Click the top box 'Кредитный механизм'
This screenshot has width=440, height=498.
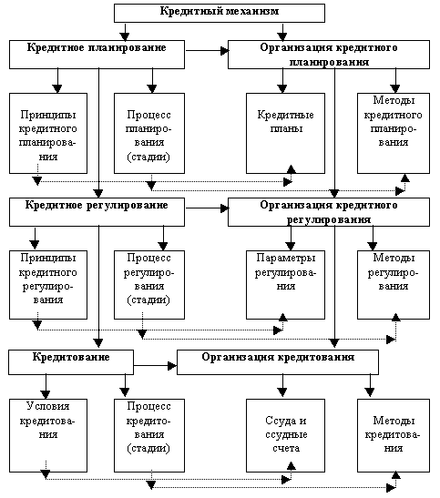[220, 13]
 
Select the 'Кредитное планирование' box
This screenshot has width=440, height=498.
[97, 55]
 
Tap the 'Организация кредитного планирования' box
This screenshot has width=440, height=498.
[329, 55]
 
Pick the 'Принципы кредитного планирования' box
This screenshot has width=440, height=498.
[48, 134]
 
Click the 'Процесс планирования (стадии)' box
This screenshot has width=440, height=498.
[149, 134]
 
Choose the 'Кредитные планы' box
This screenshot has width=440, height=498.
[285, 134]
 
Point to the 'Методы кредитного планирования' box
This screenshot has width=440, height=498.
[394, 134]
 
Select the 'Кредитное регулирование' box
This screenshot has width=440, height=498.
[97, 212]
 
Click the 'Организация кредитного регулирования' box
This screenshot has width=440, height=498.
[329, 212]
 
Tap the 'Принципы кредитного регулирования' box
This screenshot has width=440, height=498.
[48, 285]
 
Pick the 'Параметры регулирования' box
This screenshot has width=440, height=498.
[285, 285]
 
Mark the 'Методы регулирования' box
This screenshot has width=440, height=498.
[394, 285]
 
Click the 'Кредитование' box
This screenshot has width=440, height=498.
[71, 362]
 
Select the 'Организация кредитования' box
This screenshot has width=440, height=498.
[278, 362]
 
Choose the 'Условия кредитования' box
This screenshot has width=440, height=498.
[48, 435]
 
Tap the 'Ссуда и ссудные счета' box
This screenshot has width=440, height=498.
[285, 435]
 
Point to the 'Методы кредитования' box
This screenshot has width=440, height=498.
[394, 435]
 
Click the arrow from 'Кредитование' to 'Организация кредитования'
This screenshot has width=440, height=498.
[155, 366]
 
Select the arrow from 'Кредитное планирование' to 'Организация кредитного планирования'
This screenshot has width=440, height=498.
[207, 50]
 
